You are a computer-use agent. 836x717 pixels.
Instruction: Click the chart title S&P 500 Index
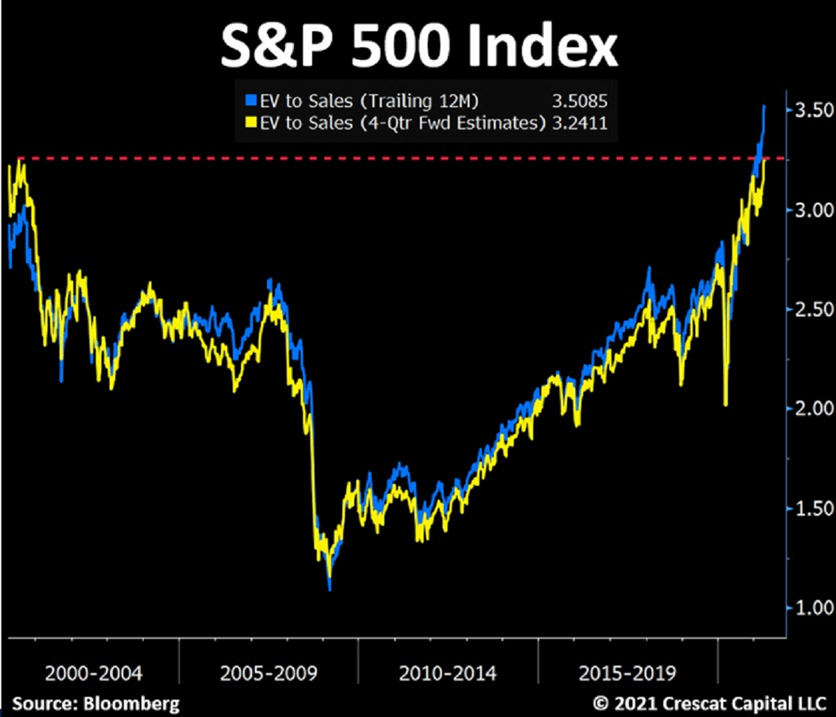coord(419,46)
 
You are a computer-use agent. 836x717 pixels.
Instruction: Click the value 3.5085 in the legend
coord(579,101)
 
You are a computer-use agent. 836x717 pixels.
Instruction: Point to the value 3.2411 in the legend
coord(579,123)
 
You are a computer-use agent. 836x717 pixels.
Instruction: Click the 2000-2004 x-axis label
coord(93,673)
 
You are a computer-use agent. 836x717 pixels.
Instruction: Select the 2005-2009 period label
coord(269,673)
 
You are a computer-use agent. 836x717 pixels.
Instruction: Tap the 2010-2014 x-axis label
coord(448,673)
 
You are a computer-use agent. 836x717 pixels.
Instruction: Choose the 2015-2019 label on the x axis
coord(627,673)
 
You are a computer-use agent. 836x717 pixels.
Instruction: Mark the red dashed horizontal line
coord(418,159)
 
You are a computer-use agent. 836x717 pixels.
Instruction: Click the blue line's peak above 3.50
coord(764,107)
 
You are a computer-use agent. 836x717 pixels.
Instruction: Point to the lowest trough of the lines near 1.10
coord(330,588)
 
